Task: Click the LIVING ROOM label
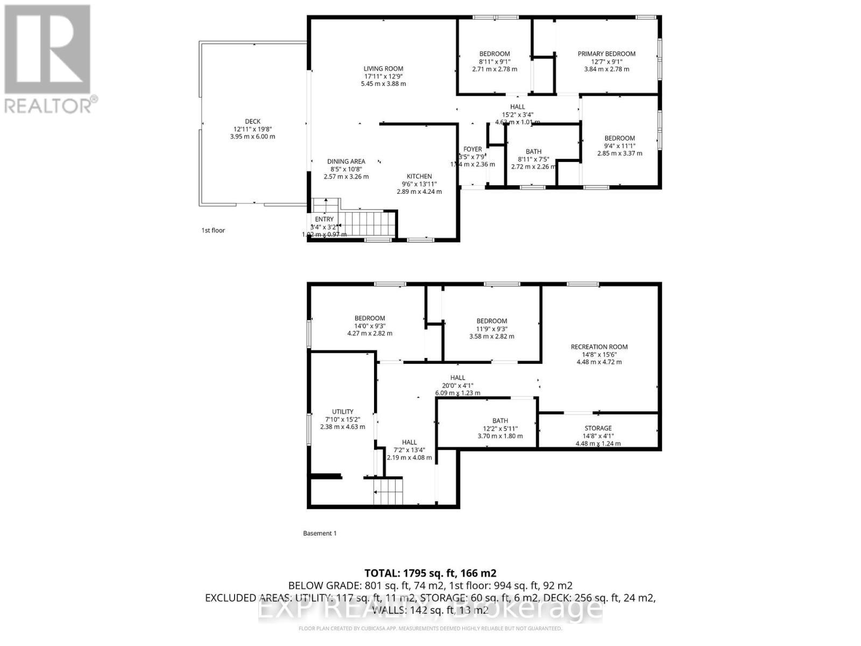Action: [x=383, y=68]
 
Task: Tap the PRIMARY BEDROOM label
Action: [x=606, y=54]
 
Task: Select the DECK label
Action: [x=252, y=122]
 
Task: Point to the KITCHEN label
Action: [x=419, y=177]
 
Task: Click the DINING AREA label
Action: [x=346, y=161]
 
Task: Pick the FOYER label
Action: [x=473, y=150]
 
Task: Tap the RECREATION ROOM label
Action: [x=599, y=347]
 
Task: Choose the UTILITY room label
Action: [x=342, y=412]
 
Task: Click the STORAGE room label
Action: [x=598, y=429]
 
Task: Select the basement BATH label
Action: [x=500, y=421]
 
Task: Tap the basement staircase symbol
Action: [x=388, y=490]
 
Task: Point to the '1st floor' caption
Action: [x=213, y=230]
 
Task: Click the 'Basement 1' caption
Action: [x=320, y=533]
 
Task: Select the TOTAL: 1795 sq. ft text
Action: [x=430, y=573]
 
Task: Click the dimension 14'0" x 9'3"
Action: [x=370, y=326]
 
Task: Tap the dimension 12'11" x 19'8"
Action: [x=252, y=129]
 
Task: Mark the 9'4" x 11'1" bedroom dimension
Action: [x=619, y=146]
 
